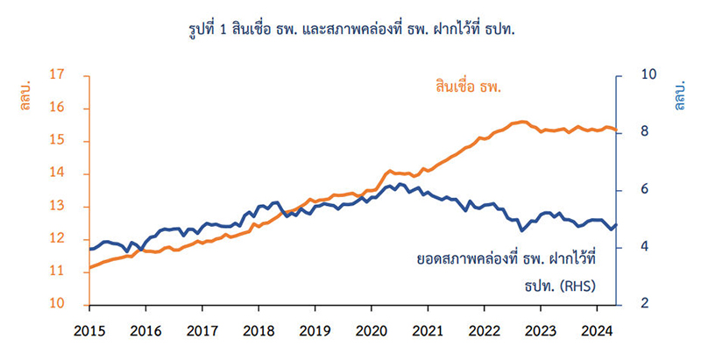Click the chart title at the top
click(x=350, y=29)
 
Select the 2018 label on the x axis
click(x=258, y=333)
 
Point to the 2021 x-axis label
click(x=427, y=333)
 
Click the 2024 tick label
click(x=596, y=333)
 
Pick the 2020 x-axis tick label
click(x=371, y=333)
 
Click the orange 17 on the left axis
click(x=60, y=75)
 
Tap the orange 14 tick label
click(x=60, y=173)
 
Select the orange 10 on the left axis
click(x=60, y=304)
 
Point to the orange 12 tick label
click(x=60, y=239)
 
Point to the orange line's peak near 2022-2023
click(x=523, y=122)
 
